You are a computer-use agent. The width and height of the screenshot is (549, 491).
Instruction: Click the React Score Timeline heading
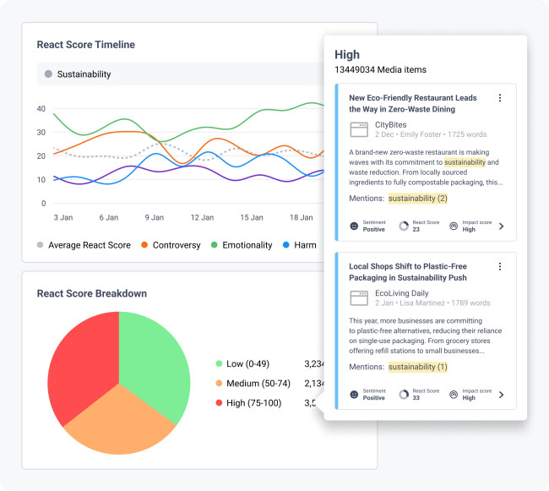tap(85, 45)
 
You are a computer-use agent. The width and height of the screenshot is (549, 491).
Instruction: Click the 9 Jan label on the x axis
tap(154, 217)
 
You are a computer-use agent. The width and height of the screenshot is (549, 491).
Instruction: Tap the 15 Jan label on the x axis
tap(251, 217)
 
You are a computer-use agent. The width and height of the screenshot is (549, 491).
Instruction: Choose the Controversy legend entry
tap(170, 245)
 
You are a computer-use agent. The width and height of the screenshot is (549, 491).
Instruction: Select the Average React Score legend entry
tap(84, 245)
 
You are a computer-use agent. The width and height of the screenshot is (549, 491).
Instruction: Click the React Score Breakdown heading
tap(91, 293)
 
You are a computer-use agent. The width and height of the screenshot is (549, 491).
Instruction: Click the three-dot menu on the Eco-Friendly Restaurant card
tap(499, 98)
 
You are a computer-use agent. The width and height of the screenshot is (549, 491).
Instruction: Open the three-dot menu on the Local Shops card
tap(499, 266)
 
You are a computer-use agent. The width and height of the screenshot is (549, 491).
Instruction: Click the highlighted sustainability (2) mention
tap(417, 199)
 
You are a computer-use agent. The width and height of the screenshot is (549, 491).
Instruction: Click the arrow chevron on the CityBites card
tap(502, 226)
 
